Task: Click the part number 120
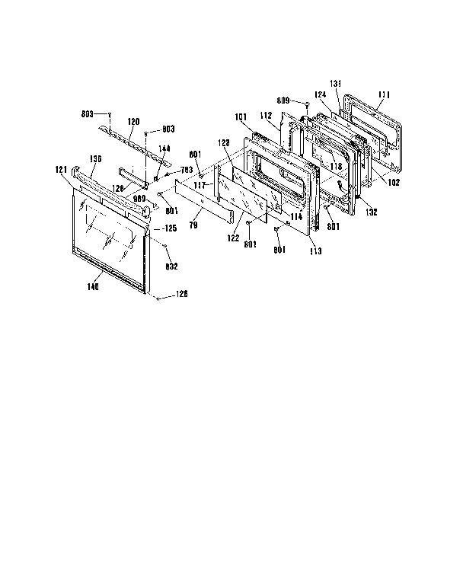(133, 121)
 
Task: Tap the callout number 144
(164, 148)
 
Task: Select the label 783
(185, 170)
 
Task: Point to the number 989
(139, 199)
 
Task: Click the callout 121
(62, 170)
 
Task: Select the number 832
(172, 266)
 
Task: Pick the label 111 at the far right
(383, 94)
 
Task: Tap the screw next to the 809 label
(306, 103)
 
